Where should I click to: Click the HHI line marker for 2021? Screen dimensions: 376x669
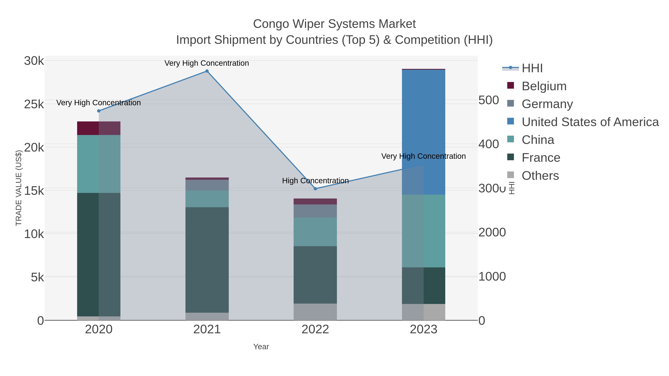207,71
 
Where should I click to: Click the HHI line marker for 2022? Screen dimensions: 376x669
315,189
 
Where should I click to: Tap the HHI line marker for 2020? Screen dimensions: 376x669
99,111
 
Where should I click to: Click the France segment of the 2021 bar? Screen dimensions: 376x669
207,260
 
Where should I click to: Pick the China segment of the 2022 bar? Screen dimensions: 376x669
315,232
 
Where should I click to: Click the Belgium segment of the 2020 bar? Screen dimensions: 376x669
99,128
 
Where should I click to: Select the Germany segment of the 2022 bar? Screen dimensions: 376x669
315,211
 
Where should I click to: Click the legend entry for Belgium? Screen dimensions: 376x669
544,86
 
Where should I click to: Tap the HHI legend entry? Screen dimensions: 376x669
532,68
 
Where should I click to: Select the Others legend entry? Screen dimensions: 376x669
540,176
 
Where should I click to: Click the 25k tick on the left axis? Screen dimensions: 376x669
34,104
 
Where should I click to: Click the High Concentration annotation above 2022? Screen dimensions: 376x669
315,181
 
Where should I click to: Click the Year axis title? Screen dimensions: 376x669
261,347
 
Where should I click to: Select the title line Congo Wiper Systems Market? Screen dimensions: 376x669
334,24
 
